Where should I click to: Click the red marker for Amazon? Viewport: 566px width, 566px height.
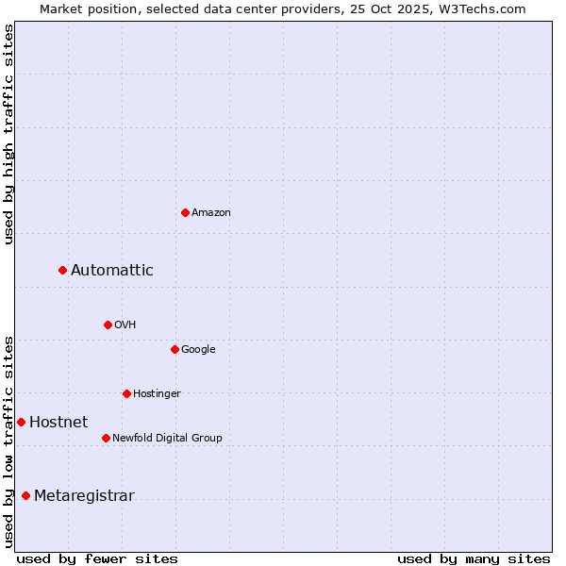[x=185, y=212]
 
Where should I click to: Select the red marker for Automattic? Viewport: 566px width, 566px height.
[x=62, y=271]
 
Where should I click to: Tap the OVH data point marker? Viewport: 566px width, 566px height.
[x=108, y=325]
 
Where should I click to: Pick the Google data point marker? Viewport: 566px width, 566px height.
[x=175, y=349]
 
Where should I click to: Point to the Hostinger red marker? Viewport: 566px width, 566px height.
[x=126, y=393]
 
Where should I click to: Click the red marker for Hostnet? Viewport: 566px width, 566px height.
[x=21, y=422]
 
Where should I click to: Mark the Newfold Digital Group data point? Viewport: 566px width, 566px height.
[x=106, y=438]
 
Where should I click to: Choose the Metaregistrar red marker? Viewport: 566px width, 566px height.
[x=25, y=496]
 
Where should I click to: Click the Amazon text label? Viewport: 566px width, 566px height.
[x=210, y=213]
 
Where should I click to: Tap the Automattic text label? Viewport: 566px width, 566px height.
[x=111, y=271]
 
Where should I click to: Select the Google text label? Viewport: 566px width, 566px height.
[x=198, y=350]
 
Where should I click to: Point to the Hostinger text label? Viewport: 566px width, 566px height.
[x=157, y=394]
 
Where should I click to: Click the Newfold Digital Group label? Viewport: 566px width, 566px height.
[x=167, y=439]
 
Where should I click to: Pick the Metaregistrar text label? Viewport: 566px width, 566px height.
[x=84, y=496]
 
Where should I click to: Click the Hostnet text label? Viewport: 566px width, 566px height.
[x=58, y=423]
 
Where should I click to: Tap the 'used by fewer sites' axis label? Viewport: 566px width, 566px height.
[x=97, y=558]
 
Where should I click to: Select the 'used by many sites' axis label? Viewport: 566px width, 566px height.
[x=474, y=558]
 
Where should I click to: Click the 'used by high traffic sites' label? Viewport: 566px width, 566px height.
[x=8, y=134]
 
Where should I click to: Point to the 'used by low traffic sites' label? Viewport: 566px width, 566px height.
[x=8, y=441]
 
